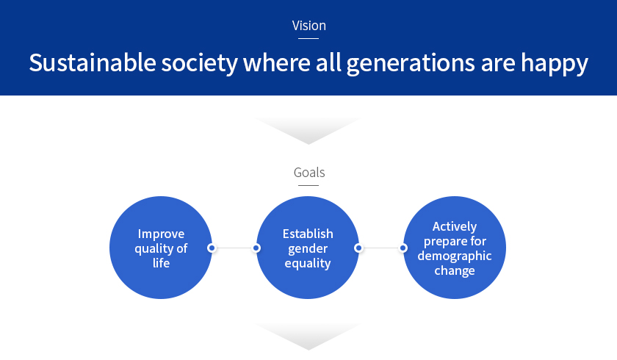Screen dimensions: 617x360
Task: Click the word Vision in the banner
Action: click(x=309, y=26)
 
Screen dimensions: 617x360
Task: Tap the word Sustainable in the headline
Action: click(x=93, y=62)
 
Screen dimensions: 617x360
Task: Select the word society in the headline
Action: click(x=200, y=64)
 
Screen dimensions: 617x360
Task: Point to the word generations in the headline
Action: click(x=411, y=64)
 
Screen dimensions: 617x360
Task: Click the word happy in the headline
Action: click(x=555, y=64)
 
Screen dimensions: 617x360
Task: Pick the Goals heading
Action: click(x=309, y=173)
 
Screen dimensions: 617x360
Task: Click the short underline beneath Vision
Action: click(x=308, y=38)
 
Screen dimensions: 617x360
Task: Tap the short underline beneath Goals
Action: click(x=308, y=185)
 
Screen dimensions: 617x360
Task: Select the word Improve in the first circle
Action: click(x=161, y=234)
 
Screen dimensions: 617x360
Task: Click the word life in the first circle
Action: click(x=161, y=262)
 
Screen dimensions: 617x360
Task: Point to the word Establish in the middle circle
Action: click(x=308, y=234)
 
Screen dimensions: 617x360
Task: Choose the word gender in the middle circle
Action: click(x=308, y=249)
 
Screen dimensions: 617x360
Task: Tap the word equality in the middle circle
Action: click(x=308, y=264)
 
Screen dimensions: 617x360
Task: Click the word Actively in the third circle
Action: click(x=455, y=227)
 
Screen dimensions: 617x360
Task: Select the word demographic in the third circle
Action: click(x=455, y=256)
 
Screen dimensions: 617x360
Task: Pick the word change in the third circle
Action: click(x=455, y=270)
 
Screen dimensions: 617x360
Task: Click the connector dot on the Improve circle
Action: click(x=212, y=248)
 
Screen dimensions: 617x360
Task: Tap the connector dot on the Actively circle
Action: click(x=403, y=248)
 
